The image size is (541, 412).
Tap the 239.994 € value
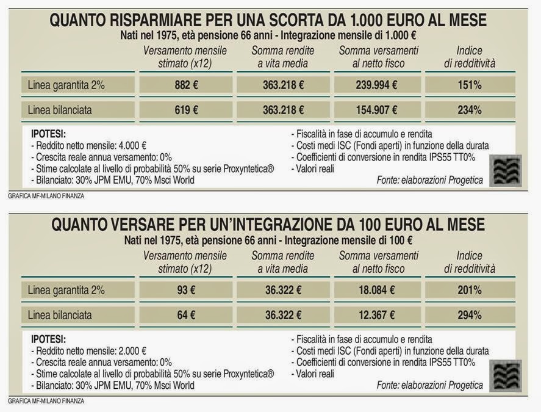point(376,85)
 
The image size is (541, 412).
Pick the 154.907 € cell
point(376,110)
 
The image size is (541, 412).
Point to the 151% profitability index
point(470,85)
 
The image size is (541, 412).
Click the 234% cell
point(470,110)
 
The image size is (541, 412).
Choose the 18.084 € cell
point(376,291)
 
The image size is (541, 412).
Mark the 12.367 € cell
point(376,316)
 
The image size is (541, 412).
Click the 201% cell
point(470,291)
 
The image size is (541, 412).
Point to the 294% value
point(470,316)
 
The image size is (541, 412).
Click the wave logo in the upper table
point(506,170)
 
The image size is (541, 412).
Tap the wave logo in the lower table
point(506,376)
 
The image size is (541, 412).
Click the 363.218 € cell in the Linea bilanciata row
point(282,110)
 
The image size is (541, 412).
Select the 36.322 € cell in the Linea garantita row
point(282,291)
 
